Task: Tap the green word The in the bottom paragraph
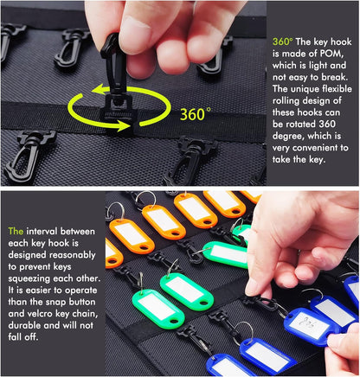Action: pos(16,232)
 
